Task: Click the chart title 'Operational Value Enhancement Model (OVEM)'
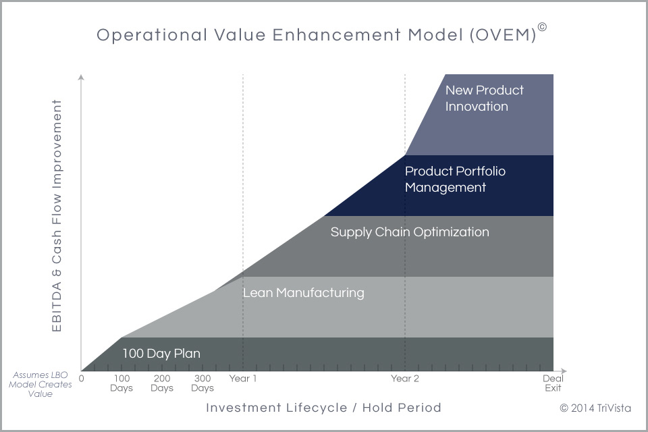click(x=316, y=34)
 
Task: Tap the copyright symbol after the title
click(x=542, y=27)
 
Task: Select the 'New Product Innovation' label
click(x=485, y=98)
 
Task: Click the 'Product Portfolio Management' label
click(x=455, y=179)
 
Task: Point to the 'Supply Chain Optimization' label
click(x=410, y=232)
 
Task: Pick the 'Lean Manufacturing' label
click(x=303, y=293)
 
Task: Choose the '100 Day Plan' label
click(x=161, y=354)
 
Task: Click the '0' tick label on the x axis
click(x=82, y=378)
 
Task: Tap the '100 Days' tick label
click(x=122, y=383)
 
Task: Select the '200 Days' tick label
click(x=162, y=383)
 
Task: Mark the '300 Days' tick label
click(x=202, y=383)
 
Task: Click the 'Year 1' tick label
click(x=243, y=378)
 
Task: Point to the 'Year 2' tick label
click(x=405, y=378)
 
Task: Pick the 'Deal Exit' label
click(x=553, y=383)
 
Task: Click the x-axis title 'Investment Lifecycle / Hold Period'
click(x=323, y=408)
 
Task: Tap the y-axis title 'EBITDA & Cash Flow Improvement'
click(x=57, y=215)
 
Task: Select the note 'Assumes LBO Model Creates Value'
click(x=40, y=385)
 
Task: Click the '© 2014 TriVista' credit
click(x=595, y=408)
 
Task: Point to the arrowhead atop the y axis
click(x=82, y=78)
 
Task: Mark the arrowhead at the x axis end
click(x=564, y=371)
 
